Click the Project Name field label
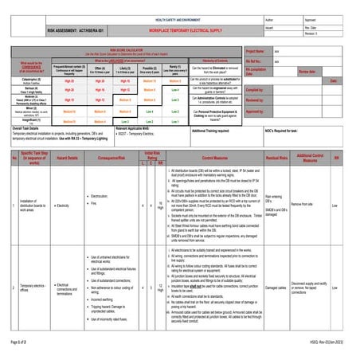pyautogui.click(x=257, y=50)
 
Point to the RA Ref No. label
pyautogui.click(x=256, y=61)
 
